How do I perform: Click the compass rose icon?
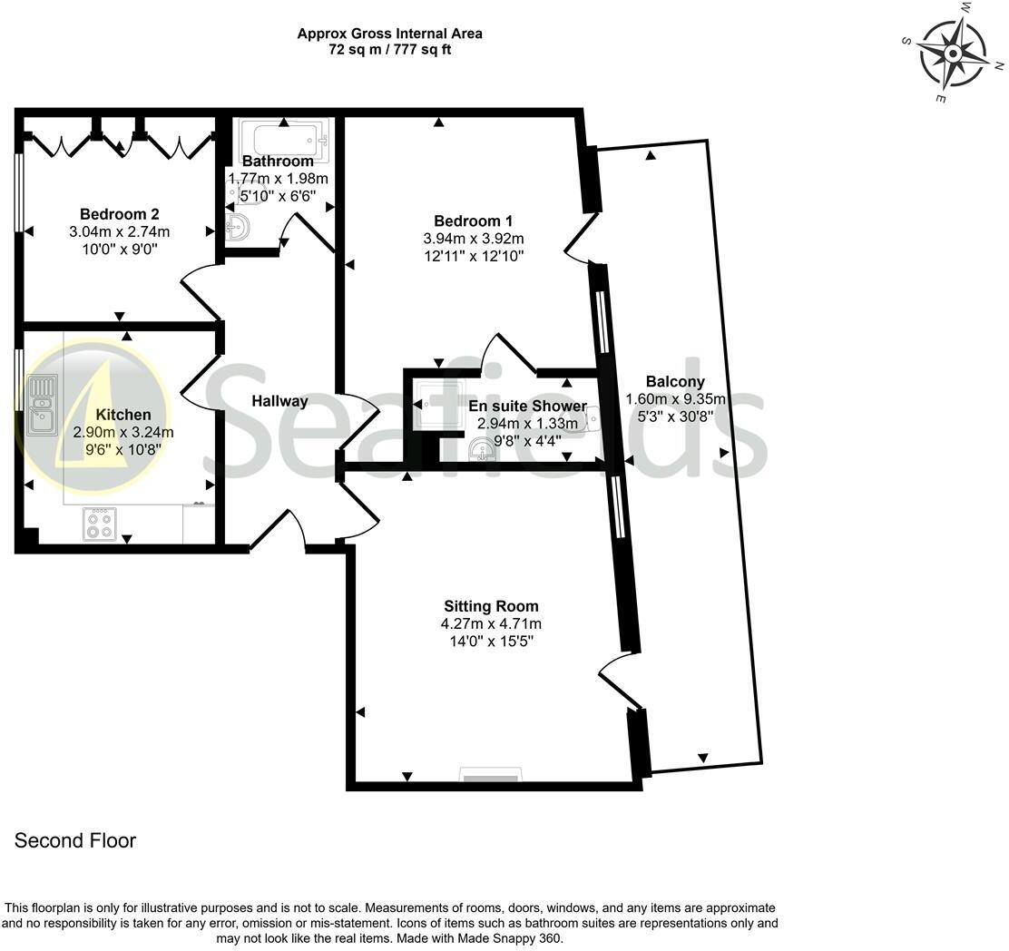[953, 53]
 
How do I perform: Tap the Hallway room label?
[279, 401]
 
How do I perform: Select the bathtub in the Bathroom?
[284, 140]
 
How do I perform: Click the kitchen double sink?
[42, 405]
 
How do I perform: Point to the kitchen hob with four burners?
[99, 524]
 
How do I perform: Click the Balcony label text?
[675, 382]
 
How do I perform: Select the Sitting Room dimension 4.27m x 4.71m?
[491, 623]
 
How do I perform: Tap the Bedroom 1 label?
[473, 221]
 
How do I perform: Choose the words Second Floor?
[75, 841]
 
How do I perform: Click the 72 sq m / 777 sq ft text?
[389, 50]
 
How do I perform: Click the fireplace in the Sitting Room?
[491, 776]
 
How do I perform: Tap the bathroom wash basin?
[239, 227]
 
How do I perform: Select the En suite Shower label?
[527, 406]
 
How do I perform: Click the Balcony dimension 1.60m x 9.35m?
[676, 399]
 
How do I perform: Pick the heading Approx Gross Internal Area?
[389, 34]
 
